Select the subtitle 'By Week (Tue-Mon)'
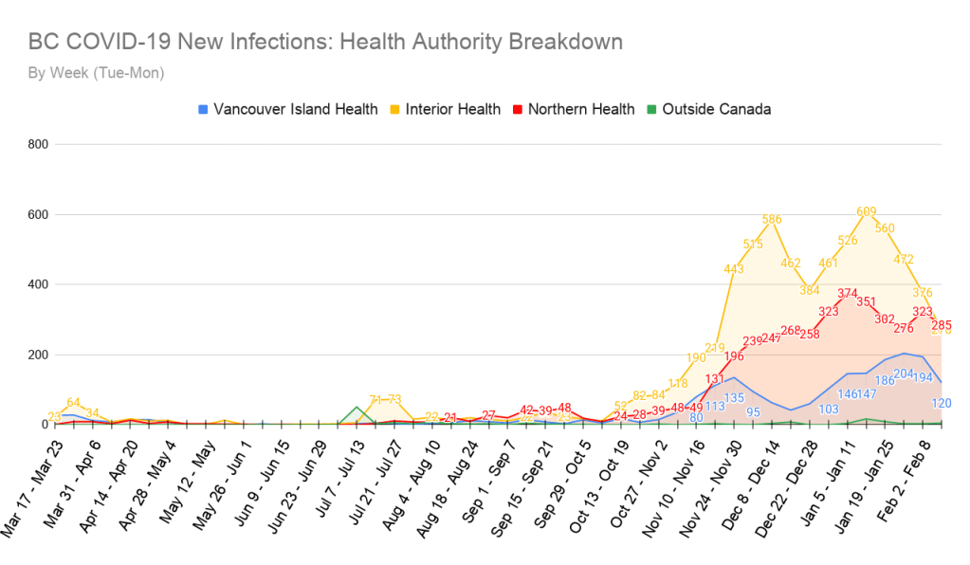pyautogui.click(x=96, y=73)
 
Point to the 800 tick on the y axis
pyautogui.click(x=37, y=144)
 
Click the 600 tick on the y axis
pyautogui.click(x=37, y=214)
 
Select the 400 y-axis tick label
pyautogui.click(x=37, y=284)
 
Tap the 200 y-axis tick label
pyautogui.click(x=37, y=355)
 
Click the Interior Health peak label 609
pyautogui.click(x=866, y=212)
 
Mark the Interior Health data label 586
pyautogui.click(x=773, y=220)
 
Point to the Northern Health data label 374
pyautogui.click(x=848, y=293)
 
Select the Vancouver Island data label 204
pyautogui.click(x=904, y=374)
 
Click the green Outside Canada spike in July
pyautogui.click(x=357, y=409)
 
